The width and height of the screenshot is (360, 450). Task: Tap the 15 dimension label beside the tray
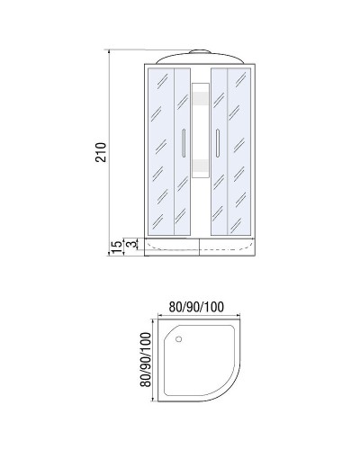point(115,245)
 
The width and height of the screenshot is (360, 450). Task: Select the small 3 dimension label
point(130,244)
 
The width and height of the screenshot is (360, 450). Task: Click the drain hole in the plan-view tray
point(179,339)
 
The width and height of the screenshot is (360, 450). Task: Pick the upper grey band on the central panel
point(201,98)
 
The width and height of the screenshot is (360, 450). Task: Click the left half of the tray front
point(171,246)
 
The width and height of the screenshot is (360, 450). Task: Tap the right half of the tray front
point(229,246)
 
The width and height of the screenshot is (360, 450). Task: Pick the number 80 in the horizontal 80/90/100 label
point(177,305)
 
